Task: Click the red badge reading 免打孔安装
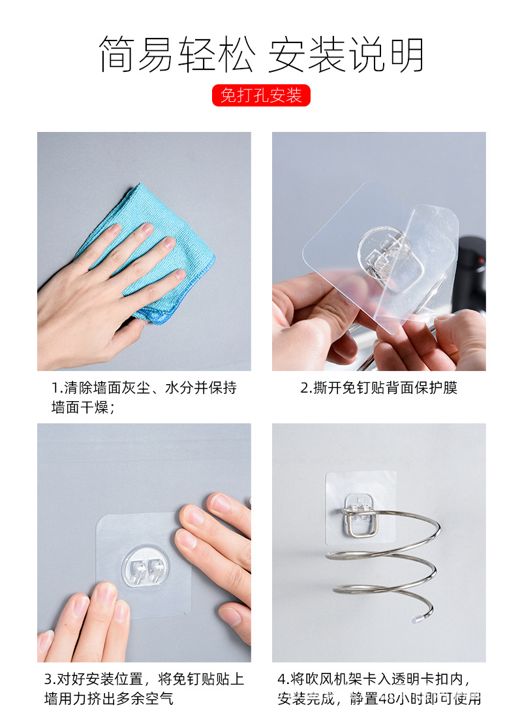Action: pos(261,95)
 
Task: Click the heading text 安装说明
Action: pos(346,54)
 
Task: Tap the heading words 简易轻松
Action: pos(176,54)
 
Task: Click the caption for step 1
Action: pos(144,397)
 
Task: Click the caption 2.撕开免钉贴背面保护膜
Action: pos(378,387)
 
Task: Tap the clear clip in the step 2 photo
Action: pos(385,252)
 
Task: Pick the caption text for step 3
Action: pos(144,689)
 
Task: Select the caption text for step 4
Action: pos(378,689)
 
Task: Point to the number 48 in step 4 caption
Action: pos(388,699)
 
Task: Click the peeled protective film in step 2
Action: pos(431,261)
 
